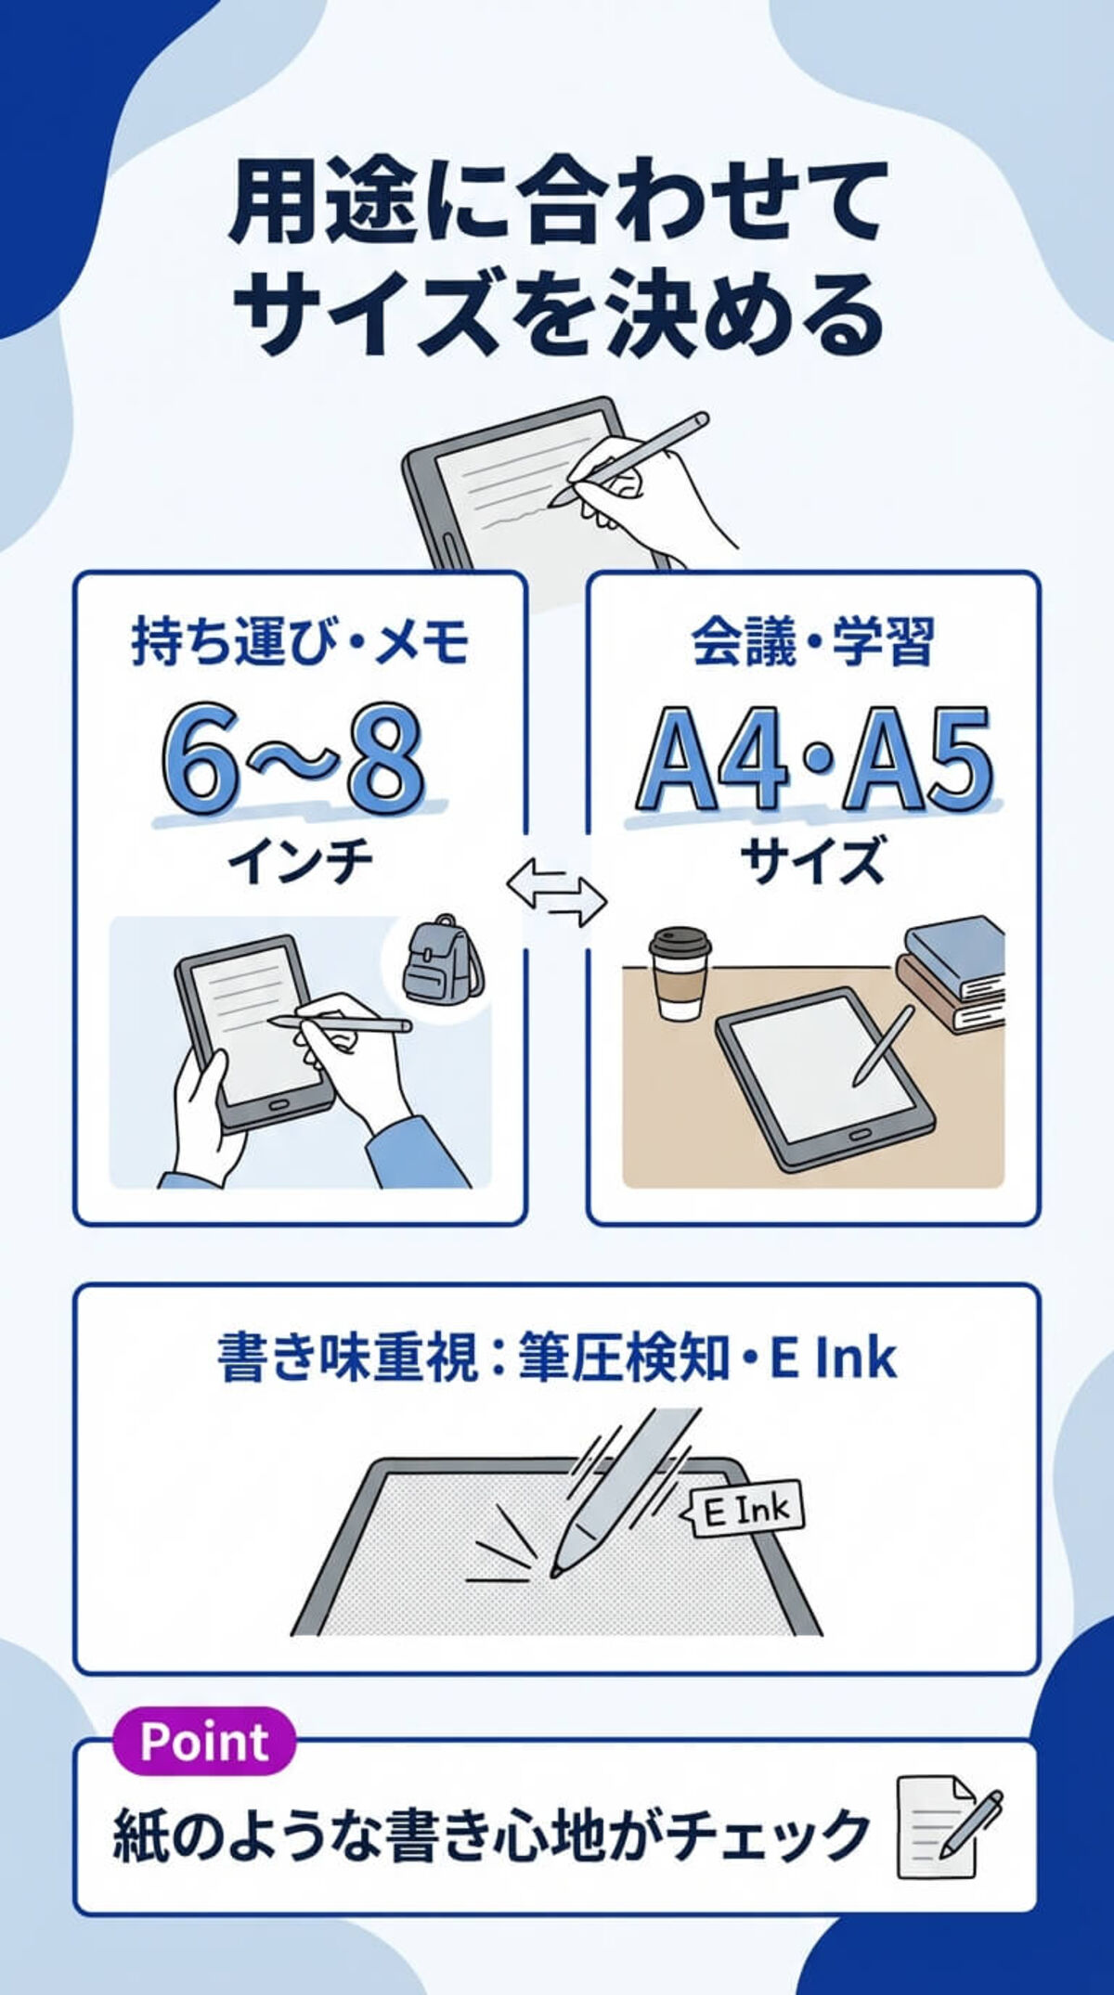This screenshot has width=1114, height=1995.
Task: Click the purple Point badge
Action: click(x=204, y=1742)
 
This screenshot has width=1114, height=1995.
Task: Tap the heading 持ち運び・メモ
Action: click(x=300, y=642)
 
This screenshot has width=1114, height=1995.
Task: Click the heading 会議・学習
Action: click(x=813, y=642)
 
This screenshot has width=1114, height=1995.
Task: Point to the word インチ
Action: click(x=300, y=862)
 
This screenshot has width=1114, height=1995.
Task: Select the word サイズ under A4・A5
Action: click(x=813, y=860)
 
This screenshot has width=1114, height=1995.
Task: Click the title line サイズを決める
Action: click(x=557, y=313)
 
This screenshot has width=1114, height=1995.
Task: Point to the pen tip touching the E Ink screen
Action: click(x=556, y=1571)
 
